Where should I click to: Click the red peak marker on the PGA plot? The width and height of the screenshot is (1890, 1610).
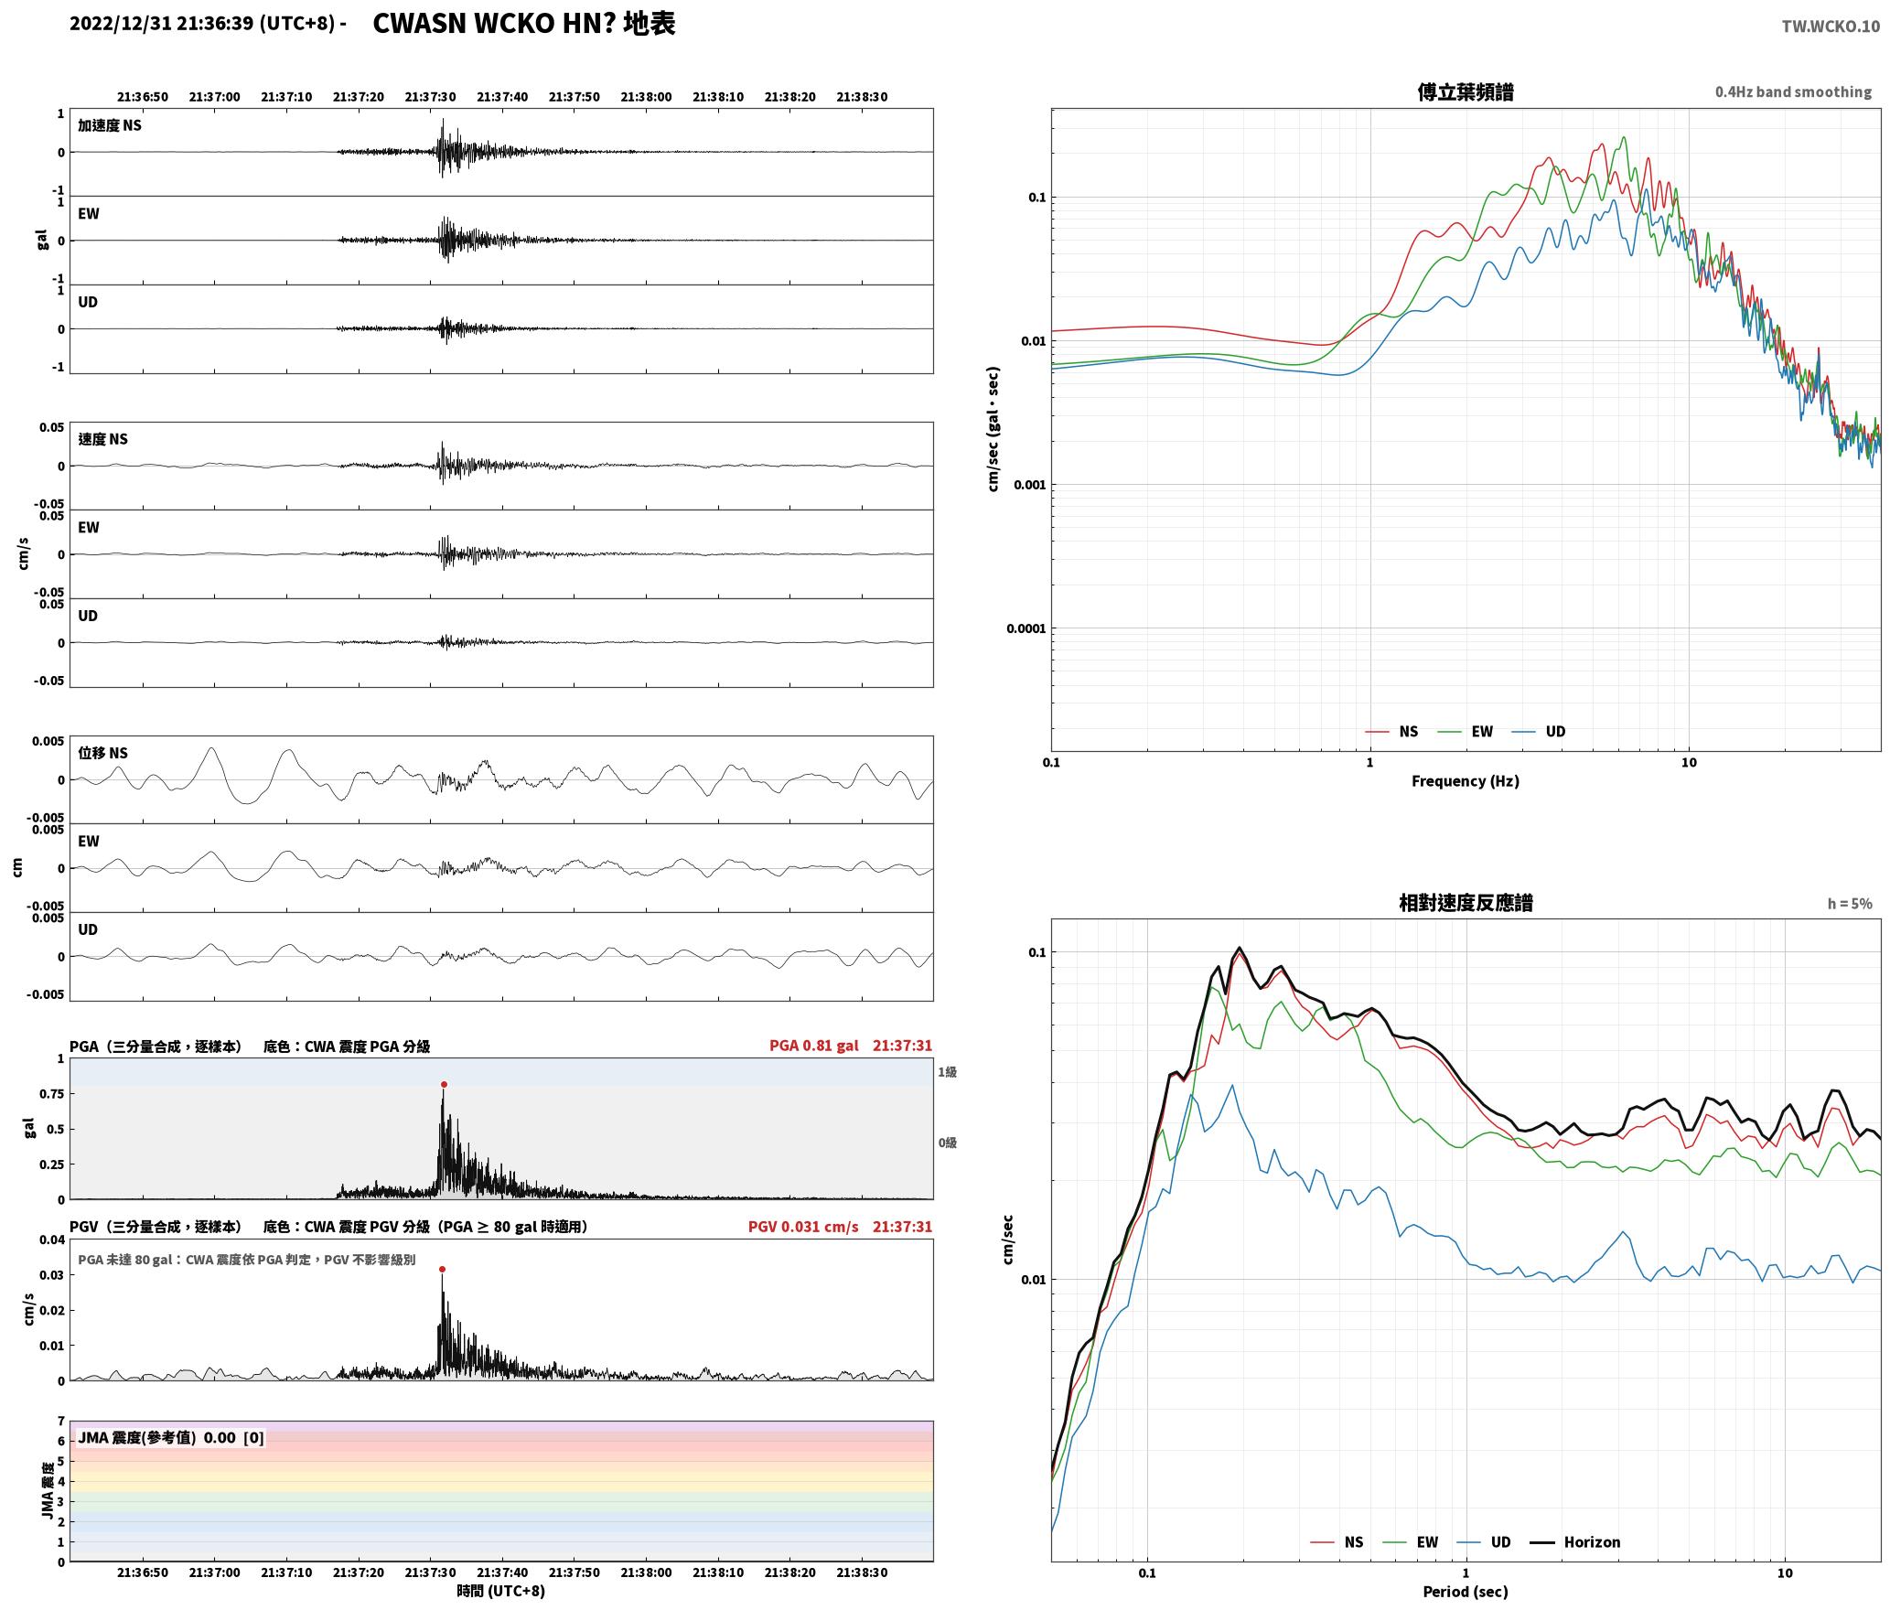444,1084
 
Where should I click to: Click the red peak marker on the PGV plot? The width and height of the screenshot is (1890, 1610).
442,1269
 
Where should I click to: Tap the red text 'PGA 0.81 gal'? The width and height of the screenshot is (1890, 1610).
813,1046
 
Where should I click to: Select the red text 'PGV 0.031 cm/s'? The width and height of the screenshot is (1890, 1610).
803,1227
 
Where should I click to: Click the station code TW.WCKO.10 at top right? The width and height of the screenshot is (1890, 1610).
1831,27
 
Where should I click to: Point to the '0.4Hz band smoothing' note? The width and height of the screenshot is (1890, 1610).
1793,91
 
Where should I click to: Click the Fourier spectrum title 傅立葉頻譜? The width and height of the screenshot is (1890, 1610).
1465,91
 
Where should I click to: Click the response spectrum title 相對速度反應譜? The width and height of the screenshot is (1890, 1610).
1466,902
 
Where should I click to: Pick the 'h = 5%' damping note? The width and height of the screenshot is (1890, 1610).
1850,904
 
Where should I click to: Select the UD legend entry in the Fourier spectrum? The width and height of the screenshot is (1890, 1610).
1539,732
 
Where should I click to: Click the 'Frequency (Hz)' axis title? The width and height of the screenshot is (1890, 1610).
1465,781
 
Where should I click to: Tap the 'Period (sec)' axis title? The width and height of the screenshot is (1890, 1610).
1465,1592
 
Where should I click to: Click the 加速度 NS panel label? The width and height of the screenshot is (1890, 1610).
110,125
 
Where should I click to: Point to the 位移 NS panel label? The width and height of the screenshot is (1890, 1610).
102,753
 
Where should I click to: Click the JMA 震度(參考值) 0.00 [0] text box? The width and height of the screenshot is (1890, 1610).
171,1437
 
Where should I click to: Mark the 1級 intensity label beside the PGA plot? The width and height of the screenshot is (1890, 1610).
947,1072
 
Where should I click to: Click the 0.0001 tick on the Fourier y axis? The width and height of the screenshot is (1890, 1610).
1026,628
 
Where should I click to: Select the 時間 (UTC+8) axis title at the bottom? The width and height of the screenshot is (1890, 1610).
500,1591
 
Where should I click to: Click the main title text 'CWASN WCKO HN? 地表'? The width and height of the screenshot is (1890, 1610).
524,24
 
